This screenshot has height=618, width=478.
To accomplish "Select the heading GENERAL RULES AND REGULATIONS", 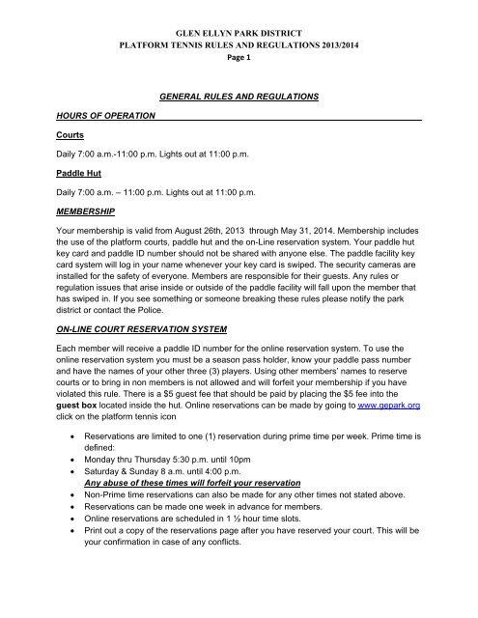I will [x=239, y=98].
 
